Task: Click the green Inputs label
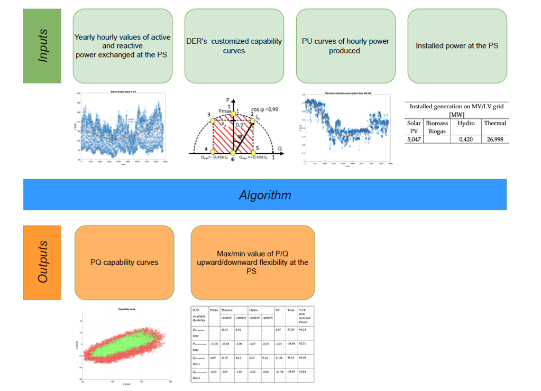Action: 42,46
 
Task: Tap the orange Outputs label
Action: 42,262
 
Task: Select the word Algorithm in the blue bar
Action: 265,195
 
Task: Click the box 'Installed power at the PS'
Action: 457,46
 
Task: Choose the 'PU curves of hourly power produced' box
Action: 345,46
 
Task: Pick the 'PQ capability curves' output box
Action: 124,262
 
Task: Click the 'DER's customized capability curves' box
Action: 234,46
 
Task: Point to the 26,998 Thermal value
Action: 494,139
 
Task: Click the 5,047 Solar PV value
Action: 414,139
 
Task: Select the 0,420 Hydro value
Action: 465,139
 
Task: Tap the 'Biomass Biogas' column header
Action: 436,127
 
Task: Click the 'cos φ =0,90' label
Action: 265,109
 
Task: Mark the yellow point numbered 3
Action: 213,120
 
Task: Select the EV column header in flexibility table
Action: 278,310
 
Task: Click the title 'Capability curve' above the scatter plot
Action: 125,309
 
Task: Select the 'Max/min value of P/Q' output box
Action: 252,262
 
